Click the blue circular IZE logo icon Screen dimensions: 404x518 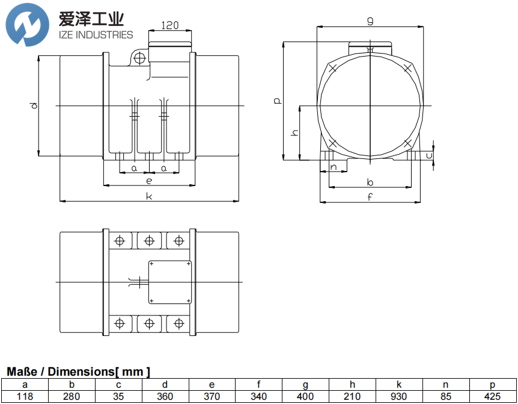[28, 25]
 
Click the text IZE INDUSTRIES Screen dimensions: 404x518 [96, 35]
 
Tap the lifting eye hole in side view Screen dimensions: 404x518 [140, 58]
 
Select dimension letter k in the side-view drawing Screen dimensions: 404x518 [149, 196]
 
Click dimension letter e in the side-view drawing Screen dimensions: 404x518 [148, 180]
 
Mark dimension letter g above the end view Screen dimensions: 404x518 [370, 21]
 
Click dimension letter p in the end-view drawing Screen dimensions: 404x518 [276, 101]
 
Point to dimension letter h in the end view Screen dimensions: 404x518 [294, 132]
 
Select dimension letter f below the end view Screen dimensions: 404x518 [370, 196]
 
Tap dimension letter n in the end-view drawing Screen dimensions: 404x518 [334, 167]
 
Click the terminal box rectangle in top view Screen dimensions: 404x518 [170, 282]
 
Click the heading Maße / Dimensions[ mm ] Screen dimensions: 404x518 [78, 372]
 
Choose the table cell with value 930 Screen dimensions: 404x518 [400, 397]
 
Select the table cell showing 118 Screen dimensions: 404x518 [25, 397]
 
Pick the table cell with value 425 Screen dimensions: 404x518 [492, 397]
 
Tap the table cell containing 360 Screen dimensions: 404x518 [165, 397]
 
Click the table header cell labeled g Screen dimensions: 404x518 [306, 385]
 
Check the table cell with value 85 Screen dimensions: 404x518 [446, 397]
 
